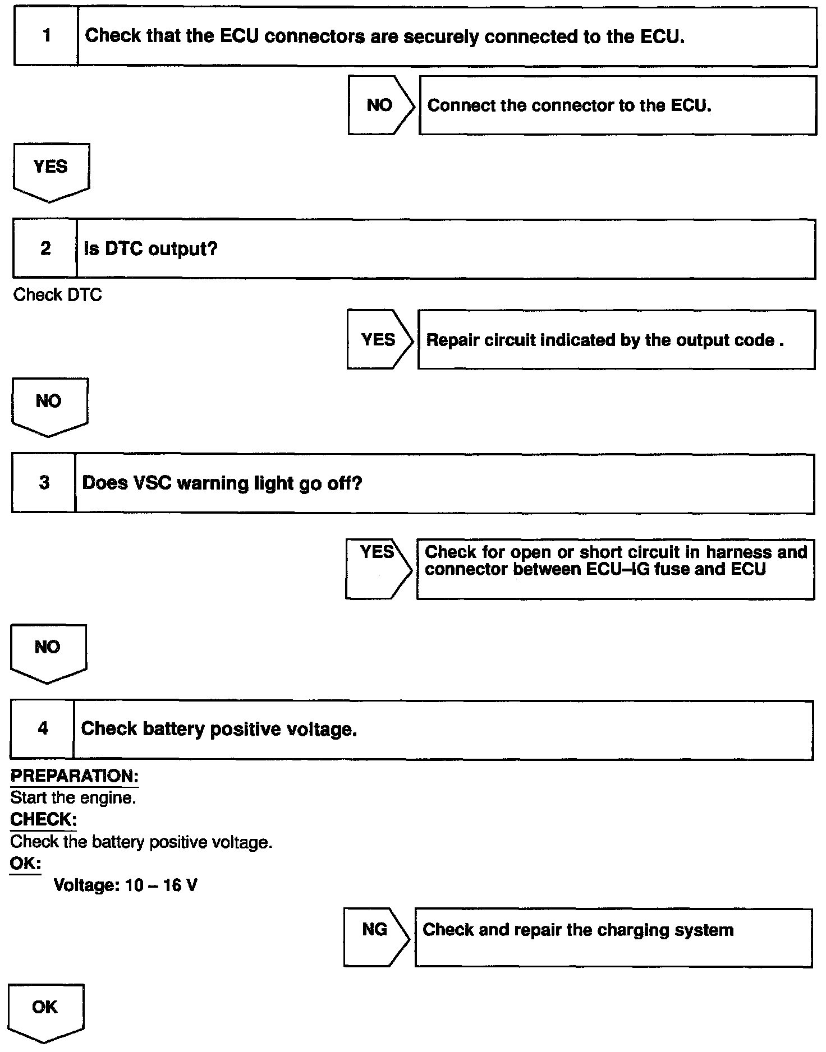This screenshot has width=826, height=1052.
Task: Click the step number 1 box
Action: (46, 36)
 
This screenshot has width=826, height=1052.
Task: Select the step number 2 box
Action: (45, 248)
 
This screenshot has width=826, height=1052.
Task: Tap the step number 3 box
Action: (44, 483)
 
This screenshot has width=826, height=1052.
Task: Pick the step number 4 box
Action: (43, 729)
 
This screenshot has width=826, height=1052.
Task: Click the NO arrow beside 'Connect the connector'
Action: (380, 105)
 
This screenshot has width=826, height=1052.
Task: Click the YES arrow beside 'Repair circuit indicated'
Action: (379, 340)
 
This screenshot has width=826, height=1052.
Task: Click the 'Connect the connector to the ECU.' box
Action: (617, 105)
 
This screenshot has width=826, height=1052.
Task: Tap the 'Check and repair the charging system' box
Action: (613, 938)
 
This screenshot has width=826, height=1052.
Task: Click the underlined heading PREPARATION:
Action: (74, 777)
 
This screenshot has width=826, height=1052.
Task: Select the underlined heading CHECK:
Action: (43, 820)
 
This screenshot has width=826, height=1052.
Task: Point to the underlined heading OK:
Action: (25, 864)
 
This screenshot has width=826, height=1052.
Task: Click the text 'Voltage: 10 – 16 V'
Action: (125, 885)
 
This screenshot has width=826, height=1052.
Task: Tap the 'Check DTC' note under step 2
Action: (57, 295)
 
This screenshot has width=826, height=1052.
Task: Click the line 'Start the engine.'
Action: (73, 798)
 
